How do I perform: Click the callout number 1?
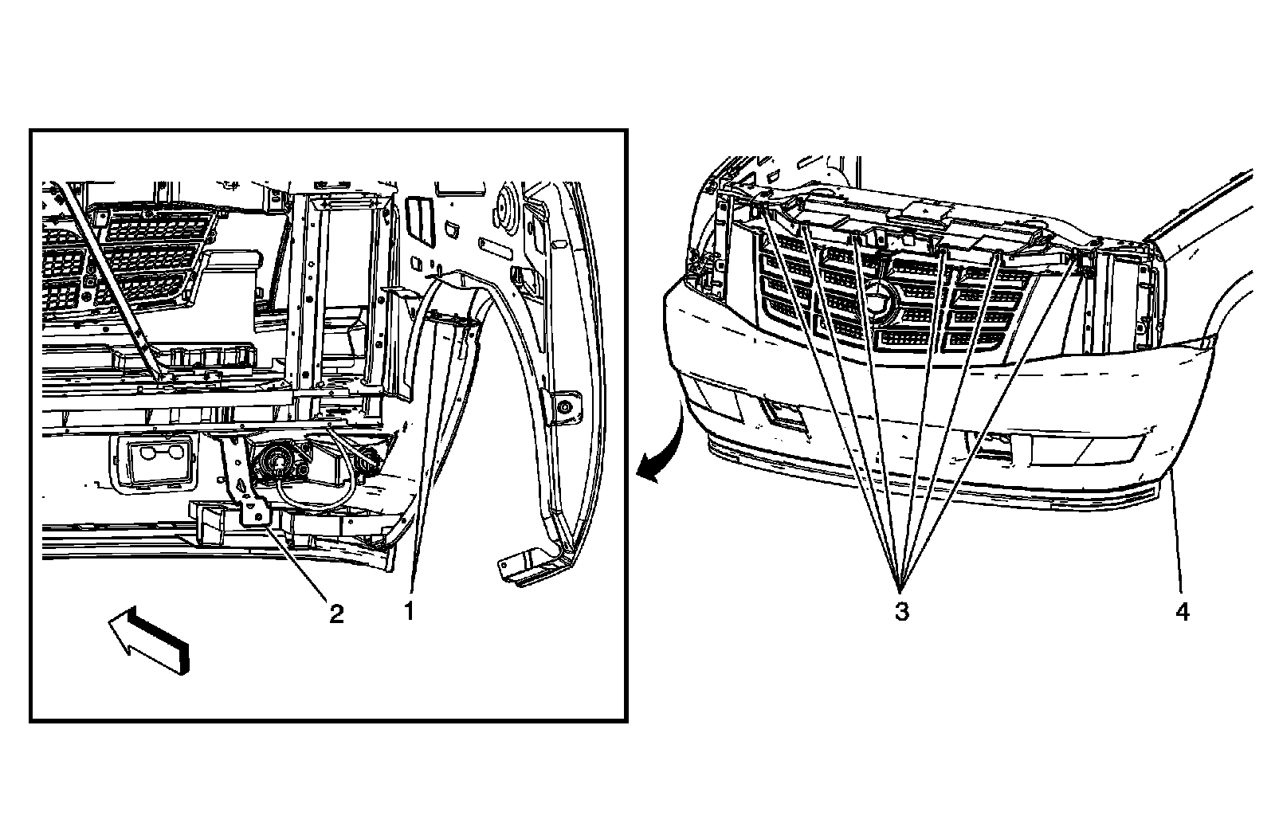[409, 612]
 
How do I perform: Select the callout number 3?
[901, 612]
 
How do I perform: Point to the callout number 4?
[1182, 612]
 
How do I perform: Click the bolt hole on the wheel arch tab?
[564, 407]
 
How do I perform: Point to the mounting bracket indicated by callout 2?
[245, 486]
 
